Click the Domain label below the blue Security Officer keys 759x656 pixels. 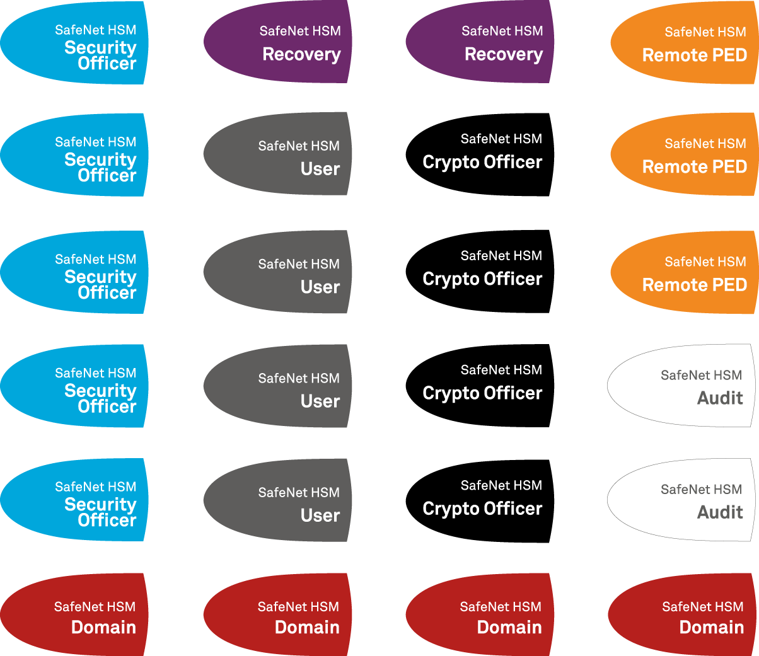[x=103, y=627]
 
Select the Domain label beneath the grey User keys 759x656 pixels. [x=307, y=627]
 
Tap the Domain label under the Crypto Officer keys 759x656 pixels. [x=509, y=627]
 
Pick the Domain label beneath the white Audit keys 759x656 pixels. [x=711, y=627]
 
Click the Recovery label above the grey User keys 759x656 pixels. [x=301, y=55]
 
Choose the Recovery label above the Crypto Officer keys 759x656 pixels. [x=503, y=55]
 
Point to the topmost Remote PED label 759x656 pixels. [x=694, y=55]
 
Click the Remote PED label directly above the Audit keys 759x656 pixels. [x=694, y=285]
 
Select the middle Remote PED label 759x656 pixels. [x=694, y=167]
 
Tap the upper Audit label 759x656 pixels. [x=720, y=398]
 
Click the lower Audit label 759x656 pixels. [x=720, y=512]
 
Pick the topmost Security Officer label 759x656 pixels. [x=100, y=55]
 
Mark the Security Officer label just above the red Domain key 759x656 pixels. [x=100, y=512]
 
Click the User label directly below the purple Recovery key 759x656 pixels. [x=320, y=169]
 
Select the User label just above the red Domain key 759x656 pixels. [x=320, y=515]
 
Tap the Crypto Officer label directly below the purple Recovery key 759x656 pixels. [x=482, y=163]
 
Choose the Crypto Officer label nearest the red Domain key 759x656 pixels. [x=482, y=509]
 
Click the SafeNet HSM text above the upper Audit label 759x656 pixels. [x=701, y=376]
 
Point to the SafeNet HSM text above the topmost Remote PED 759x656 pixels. [x=705, y=32]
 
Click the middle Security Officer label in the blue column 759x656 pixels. [x=100, y=285]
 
